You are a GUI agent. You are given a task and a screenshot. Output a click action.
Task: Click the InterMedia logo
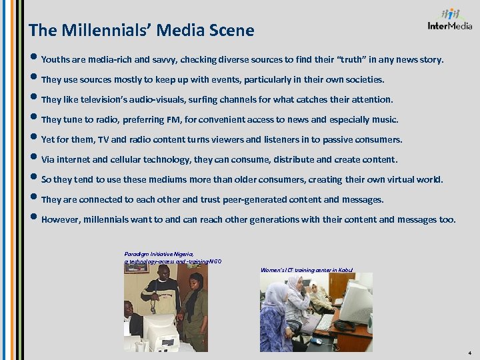click(x=450, y=19)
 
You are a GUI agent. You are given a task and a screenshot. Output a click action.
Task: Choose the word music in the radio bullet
click(x=383, y=120)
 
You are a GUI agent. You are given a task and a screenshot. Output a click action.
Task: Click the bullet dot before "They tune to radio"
click(x=34, y=120)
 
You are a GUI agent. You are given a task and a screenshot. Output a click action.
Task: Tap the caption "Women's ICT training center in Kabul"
click(x=307, y=270)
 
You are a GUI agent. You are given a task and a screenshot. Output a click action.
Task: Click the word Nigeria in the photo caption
click(x=182, y=254)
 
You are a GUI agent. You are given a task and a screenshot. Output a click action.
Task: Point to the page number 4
click(x=470, y=353)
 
